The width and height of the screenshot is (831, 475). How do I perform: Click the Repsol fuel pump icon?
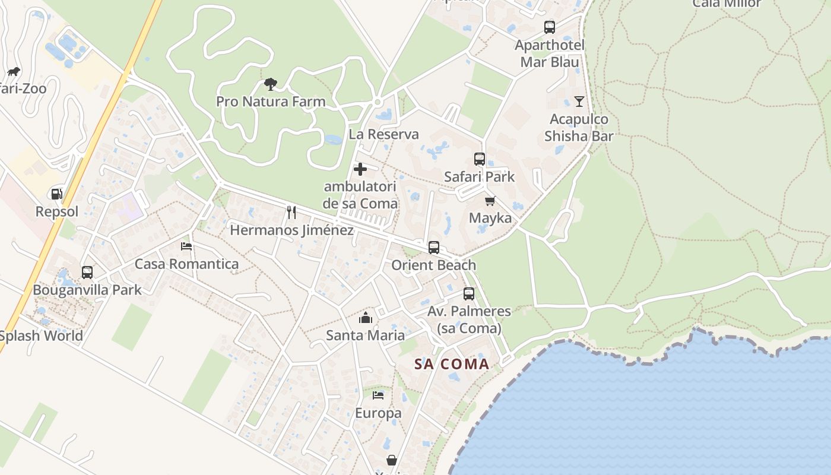tap(56, 194)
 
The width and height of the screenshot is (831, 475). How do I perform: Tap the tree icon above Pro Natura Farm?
tap(271, 84)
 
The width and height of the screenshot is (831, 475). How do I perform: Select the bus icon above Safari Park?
tap(480, 159)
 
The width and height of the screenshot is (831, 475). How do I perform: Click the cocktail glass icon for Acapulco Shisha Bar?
tap(579, 102)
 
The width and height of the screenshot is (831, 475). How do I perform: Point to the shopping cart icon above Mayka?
tap(490, 201)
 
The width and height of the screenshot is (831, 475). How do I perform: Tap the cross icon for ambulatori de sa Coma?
tap(360, 169)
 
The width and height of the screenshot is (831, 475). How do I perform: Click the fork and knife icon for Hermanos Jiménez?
tap(291, 212)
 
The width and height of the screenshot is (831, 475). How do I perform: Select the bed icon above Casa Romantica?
tap(186, 246)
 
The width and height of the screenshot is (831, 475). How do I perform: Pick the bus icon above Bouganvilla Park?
tap(87, 273)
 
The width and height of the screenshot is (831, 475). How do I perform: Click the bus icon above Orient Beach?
tap(434, 248)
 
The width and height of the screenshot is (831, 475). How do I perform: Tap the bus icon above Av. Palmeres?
tap(469, 294)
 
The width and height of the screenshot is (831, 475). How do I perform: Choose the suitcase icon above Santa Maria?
tap(366, 318)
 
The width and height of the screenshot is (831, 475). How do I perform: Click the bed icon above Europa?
tap(378, 395)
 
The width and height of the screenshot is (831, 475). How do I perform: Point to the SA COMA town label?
tap(452, 364)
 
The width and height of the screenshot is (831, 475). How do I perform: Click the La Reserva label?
tap(383, 134)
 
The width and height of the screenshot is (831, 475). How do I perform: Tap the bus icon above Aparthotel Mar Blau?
tap(550, 27)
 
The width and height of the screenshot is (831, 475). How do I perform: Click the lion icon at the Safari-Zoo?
tap(13, 72)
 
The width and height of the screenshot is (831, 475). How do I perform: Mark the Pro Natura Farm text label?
tap(271, 102)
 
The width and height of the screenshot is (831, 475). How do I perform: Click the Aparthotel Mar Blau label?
tap(550, 53)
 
